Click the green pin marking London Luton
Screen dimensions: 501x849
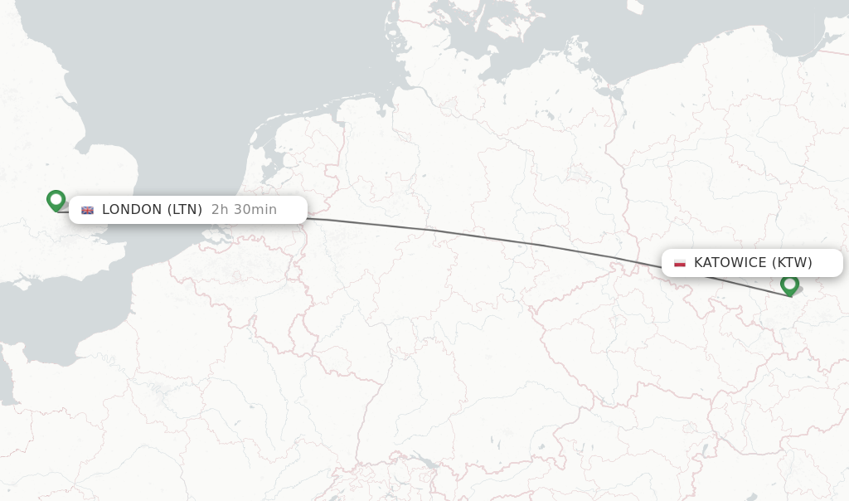click(56, 200)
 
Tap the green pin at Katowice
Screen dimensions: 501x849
click(789, 285)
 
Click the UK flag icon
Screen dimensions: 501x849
click(87, 210)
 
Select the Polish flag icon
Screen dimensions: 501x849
click(680, 263)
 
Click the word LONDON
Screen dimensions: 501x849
click(132, 210)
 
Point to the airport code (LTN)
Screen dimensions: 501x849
click(185, 210)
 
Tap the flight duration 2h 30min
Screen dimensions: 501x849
click(244, 210)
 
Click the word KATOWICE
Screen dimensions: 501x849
click(730, 263)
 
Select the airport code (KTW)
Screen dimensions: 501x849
click(793, 263)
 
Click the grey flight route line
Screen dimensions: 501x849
click(481, 236)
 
